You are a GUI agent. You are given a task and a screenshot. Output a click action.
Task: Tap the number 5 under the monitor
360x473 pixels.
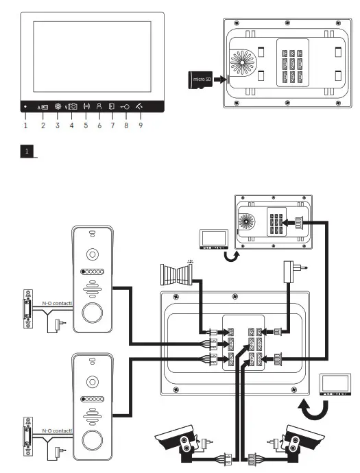[86, 125]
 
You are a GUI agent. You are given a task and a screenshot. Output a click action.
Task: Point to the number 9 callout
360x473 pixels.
[141, 125]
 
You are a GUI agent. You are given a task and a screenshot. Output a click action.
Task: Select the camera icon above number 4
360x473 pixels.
[72, 107]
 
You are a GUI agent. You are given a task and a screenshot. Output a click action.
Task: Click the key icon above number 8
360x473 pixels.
[125, 107]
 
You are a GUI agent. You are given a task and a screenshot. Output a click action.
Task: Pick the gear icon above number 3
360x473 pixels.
[58, 107]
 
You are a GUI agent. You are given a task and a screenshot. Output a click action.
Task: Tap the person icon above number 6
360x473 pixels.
[99, 107]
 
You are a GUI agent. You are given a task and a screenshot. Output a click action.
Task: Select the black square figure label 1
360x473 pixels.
[26, 149]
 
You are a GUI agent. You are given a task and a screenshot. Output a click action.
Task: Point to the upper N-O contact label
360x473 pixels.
[57, 302]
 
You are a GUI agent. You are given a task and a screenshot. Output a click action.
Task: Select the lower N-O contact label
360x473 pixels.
[57, 430]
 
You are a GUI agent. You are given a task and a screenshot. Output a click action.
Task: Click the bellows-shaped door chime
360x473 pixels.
[177, 277]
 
